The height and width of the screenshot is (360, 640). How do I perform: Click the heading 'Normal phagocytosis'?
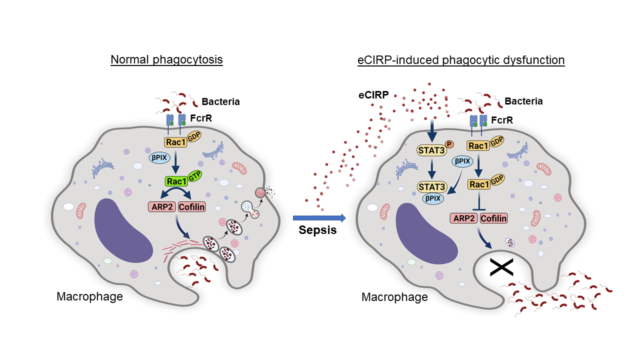(x=166, y=60)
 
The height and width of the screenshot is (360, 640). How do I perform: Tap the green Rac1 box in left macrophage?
(x=175, y=181)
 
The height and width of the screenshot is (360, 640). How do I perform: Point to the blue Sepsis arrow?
(x=319, y=217)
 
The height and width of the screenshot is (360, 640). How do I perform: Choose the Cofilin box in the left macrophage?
(x=192, y=206)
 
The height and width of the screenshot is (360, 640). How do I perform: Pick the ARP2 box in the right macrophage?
(x=463, y=218)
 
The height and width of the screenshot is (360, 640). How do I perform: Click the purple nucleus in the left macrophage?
(x=124, y=230)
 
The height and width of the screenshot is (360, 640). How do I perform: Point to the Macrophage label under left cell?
(x=89, y=296)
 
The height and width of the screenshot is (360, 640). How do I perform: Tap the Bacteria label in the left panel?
(x=220, y=102)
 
